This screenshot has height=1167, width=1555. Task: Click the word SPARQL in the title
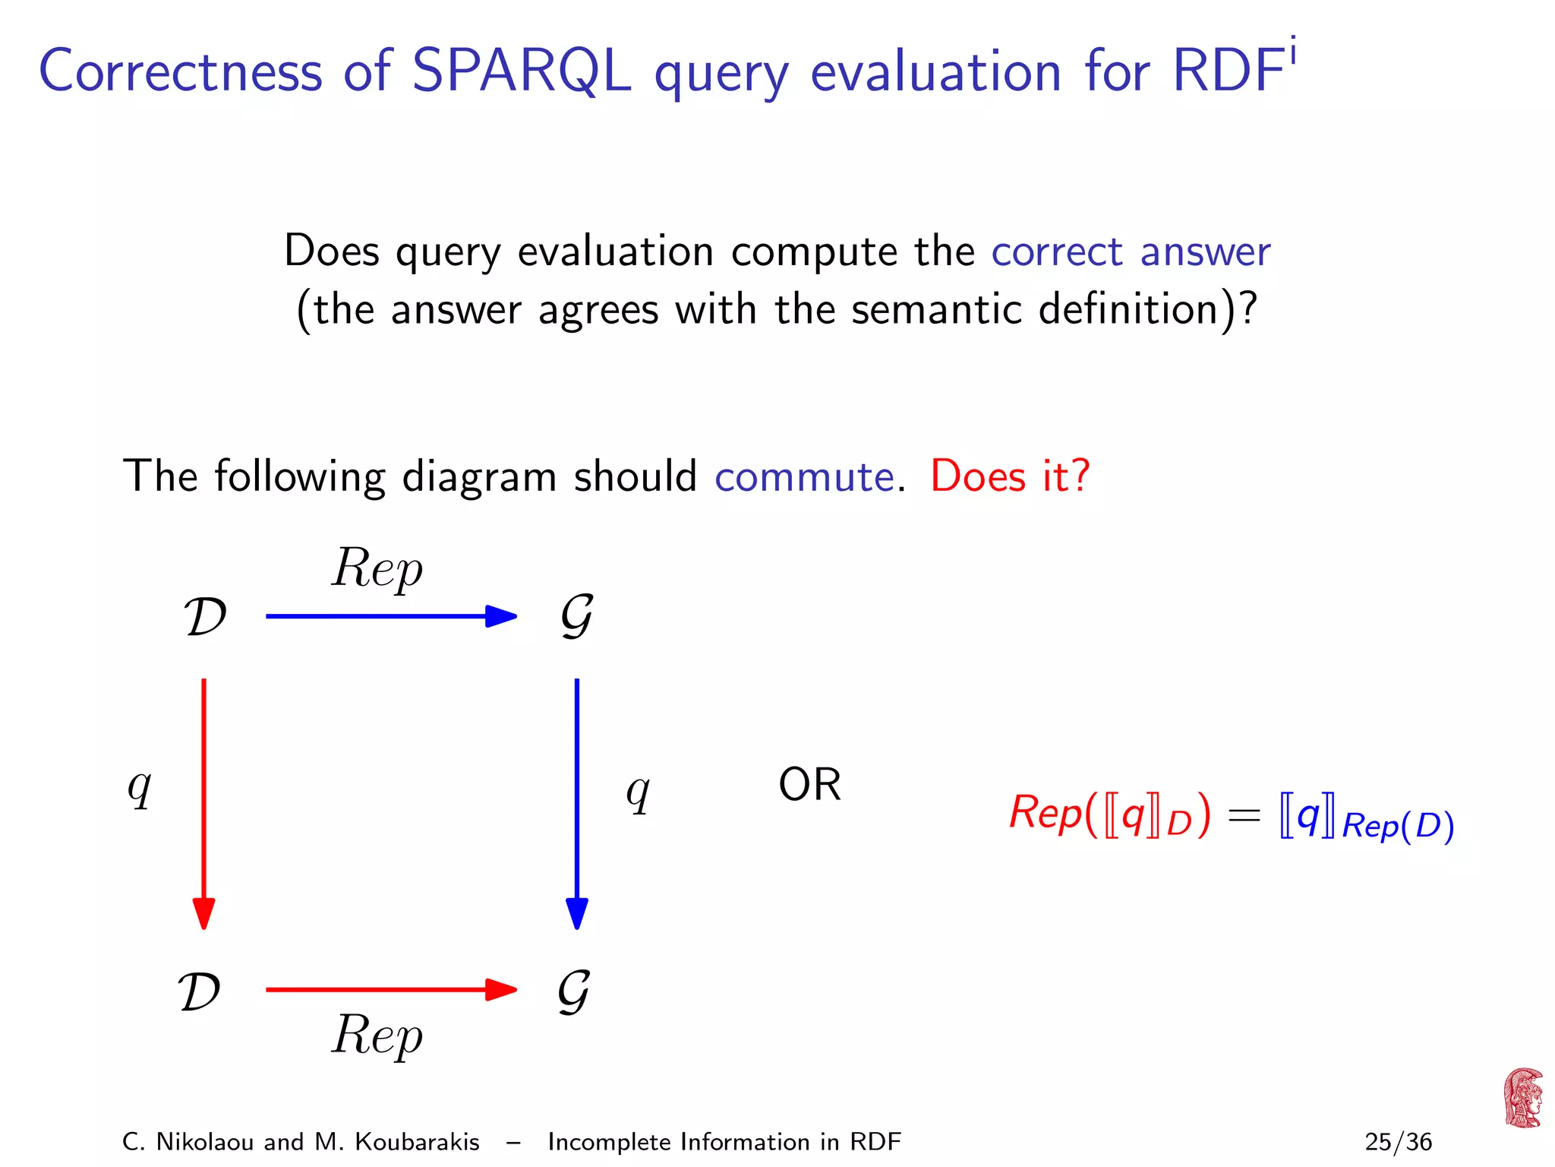[x=521, y=71]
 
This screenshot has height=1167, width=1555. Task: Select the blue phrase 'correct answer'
[x=1130, y=251]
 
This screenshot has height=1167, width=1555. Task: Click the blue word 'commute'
[x=804, y=476]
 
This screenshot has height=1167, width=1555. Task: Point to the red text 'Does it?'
[x=1010, y=476]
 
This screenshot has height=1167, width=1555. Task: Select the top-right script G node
[x=576, y=616]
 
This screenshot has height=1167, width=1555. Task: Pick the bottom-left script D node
[x=200, y=991]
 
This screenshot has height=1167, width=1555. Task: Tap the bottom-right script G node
[x=574, y=991]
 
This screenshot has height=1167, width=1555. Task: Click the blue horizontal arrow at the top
[x=391, y=616]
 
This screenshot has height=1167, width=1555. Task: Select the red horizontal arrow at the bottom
[x=391, y=990]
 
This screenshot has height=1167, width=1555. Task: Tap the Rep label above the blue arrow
[x=377, y=570]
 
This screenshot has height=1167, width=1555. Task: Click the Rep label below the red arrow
[x=377, y=1036]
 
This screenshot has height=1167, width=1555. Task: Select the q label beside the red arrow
[x=140, y=788]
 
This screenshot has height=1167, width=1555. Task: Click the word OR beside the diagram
[x=809, y=785]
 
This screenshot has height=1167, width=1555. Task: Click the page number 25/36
[x=1398, y=1142]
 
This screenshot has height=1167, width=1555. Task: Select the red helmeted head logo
[x=1522, y=1098]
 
